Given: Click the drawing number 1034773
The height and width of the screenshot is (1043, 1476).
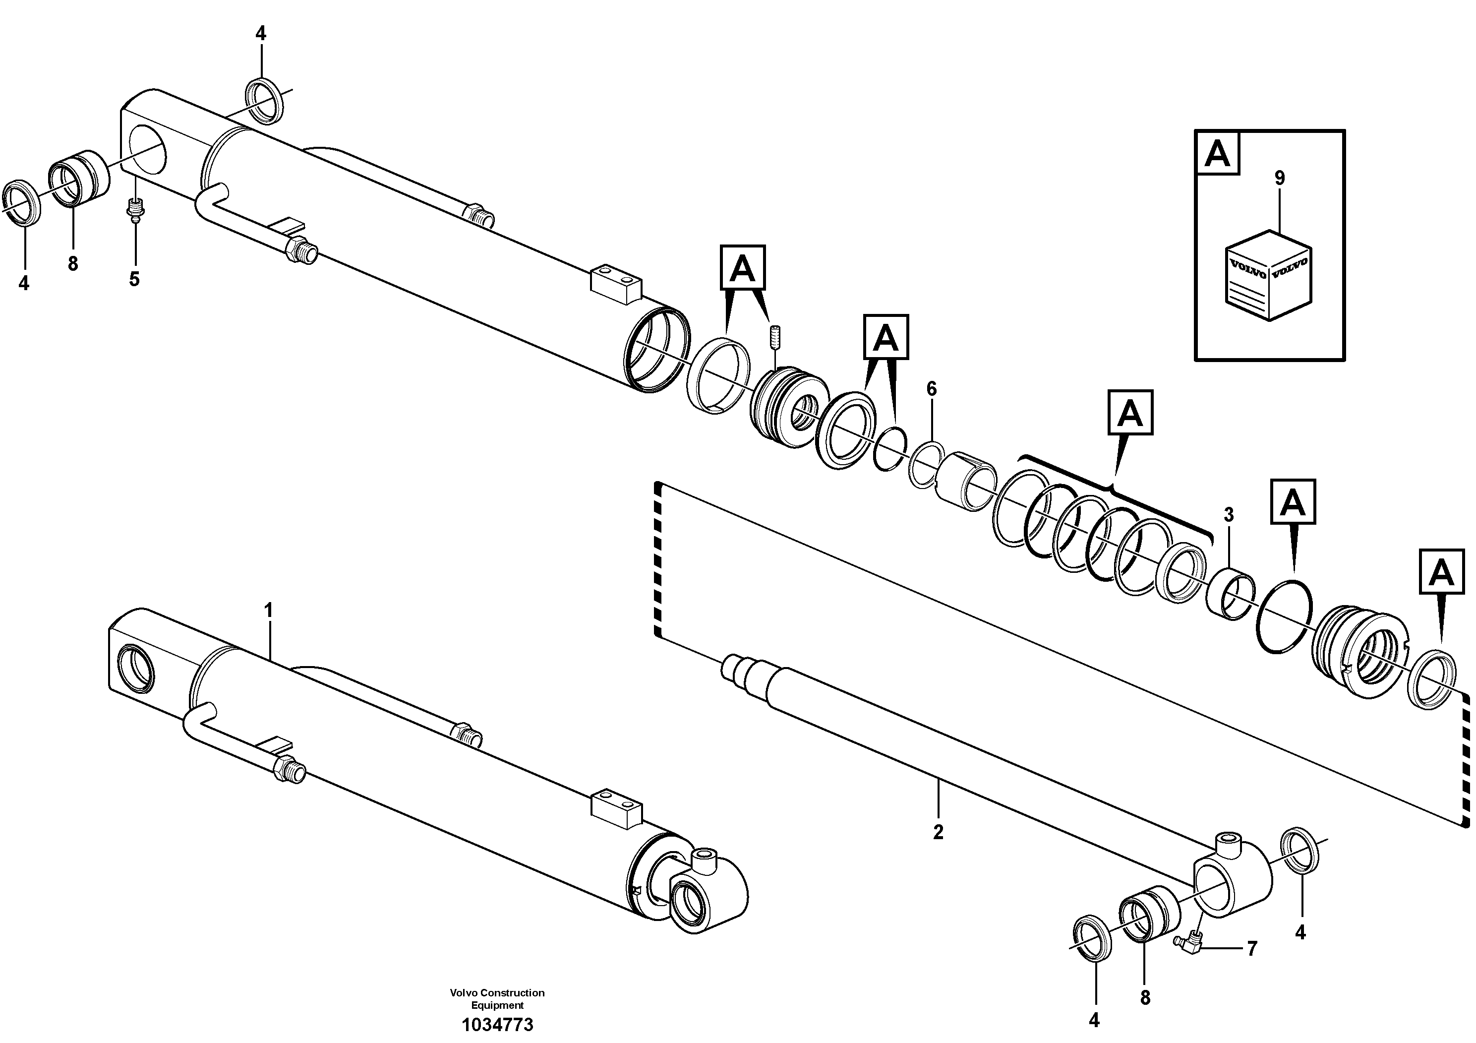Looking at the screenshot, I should click(497, 1024).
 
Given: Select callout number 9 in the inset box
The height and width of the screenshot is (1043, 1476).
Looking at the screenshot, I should click(1279, 178).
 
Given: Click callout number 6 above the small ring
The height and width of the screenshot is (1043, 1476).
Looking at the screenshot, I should click(932, 388).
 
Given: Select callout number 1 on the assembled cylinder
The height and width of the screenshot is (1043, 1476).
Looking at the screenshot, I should click(269, 610).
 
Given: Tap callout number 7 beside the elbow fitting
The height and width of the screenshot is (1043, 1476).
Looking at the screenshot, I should click(1251, 948).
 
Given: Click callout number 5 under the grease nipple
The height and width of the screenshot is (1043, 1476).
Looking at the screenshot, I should click(134, 279).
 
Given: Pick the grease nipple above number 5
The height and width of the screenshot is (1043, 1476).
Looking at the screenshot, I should click(135, 210).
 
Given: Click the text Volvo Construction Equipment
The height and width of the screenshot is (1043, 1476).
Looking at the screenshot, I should click(497, 999).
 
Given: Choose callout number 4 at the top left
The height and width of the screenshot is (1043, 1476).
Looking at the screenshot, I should click(260, 33).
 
